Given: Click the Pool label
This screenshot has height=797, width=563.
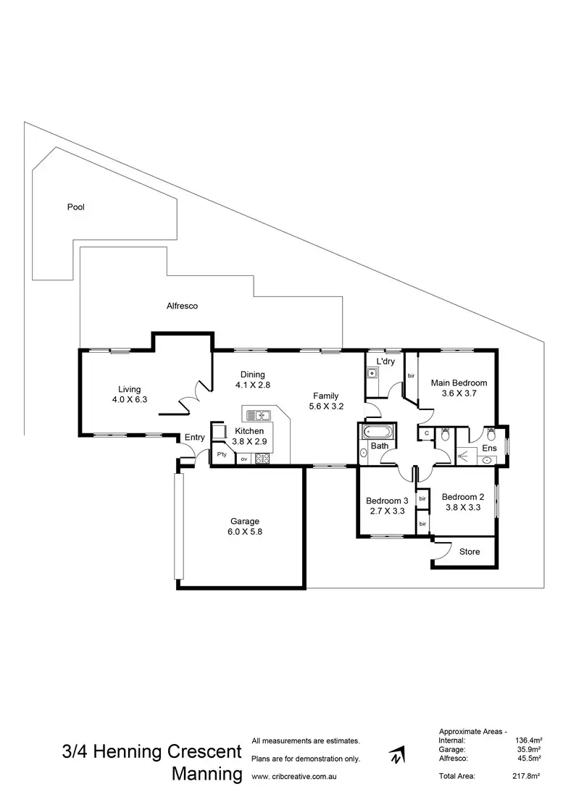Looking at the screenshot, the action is (76, 207).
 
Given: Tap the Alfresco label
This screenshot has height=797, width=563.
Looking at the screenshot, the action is (182, 306).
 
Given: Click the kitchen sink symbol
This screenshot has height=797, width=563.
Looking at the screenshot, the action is (258, 415).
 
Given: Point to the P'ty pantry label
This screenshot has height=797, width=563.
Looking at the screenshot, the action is (222, 455).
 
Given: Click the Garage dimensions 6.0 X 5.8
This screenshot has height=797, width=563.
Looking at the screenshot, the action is (245, 531).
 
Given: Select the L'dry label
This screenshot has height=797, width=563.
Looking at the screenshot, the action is (385, 360).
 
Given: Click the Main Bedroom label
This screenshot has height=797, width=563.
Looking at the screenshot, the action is (459, 383).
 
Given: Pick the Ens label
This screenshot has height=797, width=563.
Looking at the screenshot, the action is (490, 448).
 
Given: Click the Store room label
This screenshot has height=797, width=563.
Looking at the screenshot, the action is (470, 552).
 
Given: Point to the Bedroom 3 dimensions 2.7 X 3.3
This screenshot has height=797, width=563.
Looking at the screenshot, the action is (387, 511).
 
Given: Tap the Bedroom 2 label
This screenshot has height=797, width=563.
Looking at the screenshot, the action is (462, 497).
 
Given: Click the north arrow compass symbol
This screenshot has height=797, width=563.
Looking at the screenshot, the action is (396, 756).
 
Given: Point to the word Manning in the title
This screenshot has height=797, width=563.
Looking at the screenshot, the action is (207, 774).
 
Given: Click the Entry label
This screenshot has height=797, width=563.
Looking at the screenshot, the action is (194, 437).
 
